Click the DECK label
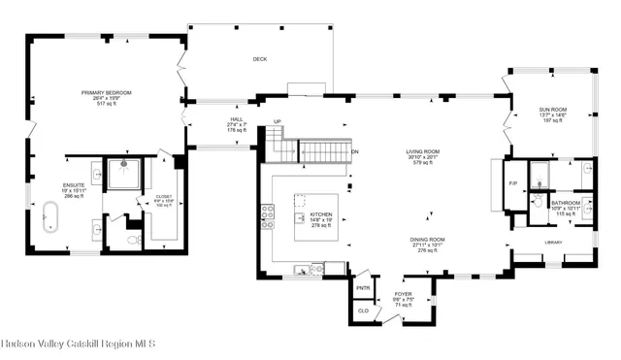tap(259, 59)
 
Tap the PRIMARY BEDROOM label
tap(107, 96)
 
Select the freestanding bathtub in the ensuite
tap(49, 215)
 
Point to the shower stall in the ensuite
tap(124, 174)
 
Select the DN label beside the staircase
tap(355, 153)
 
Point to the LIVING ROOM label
tap(423, 155)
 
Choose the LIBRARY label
tap(554, 243)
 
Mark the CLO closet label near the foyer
tap(363, 312)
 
